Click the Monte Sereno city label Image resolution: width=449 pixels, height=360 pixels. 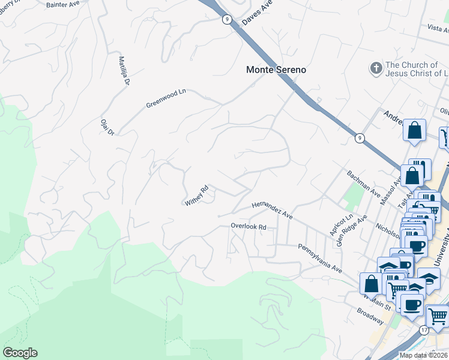(x=276, y=70)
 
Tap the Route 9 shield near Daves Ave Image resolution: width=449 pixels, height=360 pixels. (x=226, y=19)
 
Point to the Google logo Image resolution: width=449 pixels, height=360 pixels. (x=20, y=353)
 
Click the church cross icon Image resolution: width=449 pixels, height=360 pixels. (x=376, y=69)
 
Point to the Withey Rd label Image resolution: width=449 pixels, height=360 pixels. (x=196, y=196)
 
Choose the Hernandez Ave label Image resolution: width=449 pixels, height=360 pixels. (x=271, y=209)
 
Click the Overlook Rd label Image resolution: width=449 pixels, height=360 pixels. (x=249, y=227)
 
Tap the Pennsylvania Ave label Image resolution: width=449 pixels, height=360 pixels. (x=320, y=258)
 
